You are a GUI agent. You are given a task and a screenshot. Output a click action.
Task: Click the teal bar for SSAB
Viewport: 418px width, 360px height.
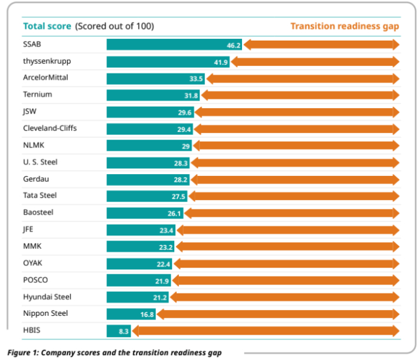coord(174,45)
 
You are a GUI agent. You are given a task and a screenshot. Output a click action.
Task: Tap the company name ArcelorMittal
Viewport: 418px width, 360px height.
coord(45,78)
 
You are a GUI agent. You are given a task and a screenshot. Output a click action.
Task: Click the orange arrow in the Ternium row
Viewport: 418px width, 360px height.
coord(300,95)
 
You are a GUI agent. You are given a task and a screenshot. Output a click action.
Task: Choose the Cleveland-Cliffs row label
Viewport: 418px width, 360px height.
coord(49,128)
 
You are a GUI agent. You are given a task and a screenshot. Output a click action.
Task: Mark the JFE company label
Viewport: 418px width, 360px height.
coord(29,229)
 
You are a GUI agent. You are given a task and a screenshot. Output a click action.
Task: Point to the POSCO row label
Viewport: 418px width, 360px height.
coord(35,279)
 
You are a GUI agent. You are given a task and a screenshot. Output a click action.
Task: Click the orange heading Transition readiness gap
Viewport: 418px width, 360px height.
coord(344,26)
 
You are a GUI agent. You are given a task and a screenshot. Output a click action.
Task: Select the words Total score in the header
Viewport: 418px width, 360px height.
coord(47,26)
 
